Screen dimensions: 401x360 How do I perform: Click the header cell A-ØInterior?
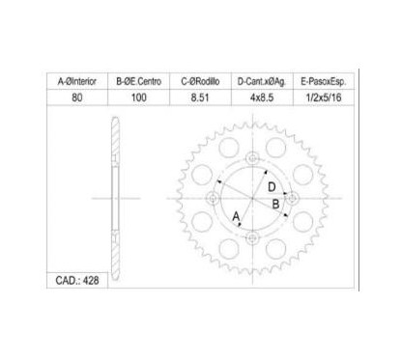[x=77, y=81]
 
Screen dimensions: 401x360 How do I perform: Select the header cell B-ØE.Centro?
[x=139, y=81]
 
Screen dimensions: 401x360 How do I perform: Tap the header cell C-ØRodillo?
[x=200, y=81]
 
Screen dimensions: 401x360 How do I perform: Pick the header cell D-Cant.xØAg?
[x=262, y=81]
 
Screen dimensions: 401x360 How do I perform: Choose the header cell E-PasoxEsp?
[x=324, y=81]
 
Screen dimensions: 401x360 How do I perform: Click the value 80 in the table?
[x=77, y=97]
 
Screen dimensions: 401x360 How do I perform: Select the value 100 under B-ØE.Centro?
[x=139, y=97]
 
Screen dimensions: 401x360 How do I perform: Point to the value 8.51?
[x=200, y=97]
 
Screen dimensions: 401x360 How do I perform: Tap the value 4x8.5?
[x=262, y=97]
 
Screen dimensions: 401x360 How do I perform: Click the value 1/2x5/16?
[x=324, y=97]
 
